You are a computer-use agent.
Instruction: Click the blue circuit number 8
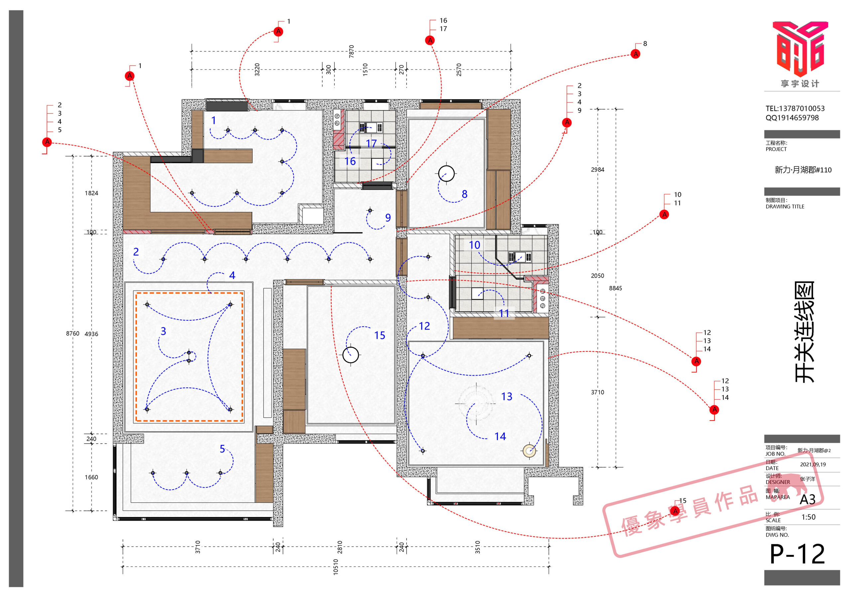[464, 194]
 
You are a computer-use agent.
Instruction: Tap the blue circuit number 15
[380, 335]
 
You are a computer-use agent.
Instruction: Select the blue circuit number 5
[222, 449]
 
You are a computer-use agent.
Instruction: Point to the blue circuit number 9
[388, 217]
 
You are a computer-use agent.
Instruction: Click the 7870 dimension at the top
[351, 51]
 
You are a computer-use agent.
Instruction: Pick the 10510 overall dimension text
[335, 567]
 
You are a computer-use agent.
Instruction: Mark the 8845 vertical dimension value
[615, 288]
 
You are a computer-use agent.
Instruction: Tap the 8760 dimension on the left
[73, 334]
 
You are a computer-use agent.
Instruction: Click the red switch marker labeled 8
[636, 54]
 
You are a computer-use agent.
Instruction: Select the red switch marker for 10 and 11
[665, 215]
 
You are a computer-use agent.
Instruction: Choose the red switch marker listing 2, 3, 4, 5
[47, 142]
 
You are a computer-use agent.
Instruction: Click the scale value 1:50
[808, 517]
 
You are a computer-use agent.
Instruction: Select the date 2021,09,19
[813, 464]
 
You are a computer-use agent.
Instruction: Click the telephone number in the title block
[795, 109]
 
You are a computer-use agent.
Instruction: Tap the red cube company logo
[800, 48]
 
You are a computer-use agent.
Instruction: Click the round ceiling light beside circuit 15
[351, 355]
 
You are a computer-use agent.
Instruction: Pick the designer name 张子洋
[807, 479]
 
